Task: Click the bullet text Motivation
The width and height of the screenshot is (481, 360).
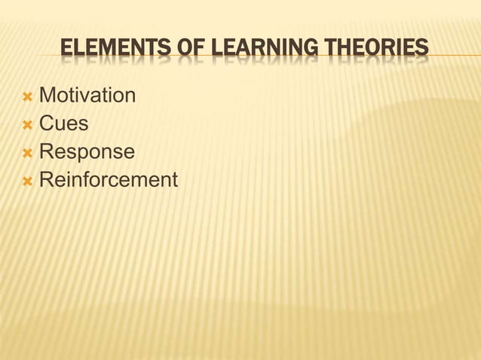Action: (87, 96)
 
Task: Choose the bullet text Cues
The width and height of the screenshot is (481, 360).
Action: (63, 124)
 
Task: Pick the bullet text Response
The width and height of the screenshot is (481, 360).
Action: (87, 152)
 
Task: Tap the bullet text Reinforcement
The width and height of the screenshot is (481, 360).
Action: (108, 180)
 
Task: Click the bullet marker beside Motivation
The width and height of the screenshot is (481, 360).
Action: (27, 96)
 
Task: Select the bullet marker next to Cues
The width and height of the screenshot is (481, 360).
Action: (27, 124)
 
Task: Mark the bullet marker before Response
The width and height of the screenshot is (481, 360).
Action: (27, 153)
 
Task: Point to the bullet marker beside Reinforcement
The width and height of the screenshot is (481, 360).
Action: (27, 181)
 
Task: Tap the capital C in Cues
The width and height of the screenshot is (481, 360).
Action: (46, 124)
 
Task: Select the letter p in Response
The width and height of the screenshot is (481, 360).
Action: (85, 154)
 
